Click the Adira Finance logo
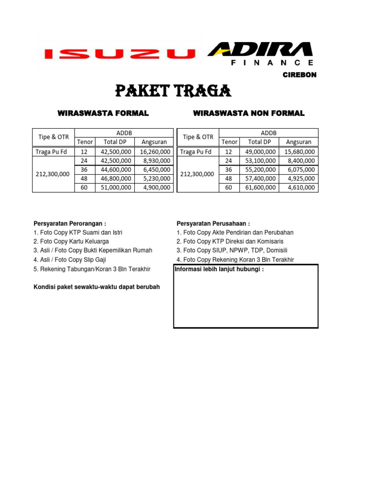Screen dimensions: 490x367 (261, 53)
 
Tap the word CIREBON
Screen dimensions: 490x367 (299, 75)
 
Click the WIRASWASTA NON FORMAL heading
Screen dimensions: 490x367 (248, 113)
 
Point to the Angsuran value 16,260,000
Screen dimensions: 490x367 (155, 152)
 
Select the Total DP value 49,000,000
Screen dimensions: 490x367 (259, 152)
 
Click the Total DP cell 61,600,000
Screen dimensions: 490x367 (259, 188)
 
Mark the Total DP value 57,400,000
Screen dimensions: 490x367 (259, 178)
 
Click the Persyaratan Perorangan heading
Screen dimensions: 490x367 (70, 223)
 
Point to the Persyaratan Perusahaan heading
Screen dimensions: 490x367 (213, 223)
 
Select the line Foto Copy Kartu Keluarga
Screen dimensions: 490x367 (71, 242)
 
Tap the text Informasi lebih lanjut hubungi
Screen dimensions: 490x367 (219, 269)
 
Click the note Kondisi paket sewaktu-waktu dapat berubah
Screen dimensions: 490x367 (97, 287)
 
